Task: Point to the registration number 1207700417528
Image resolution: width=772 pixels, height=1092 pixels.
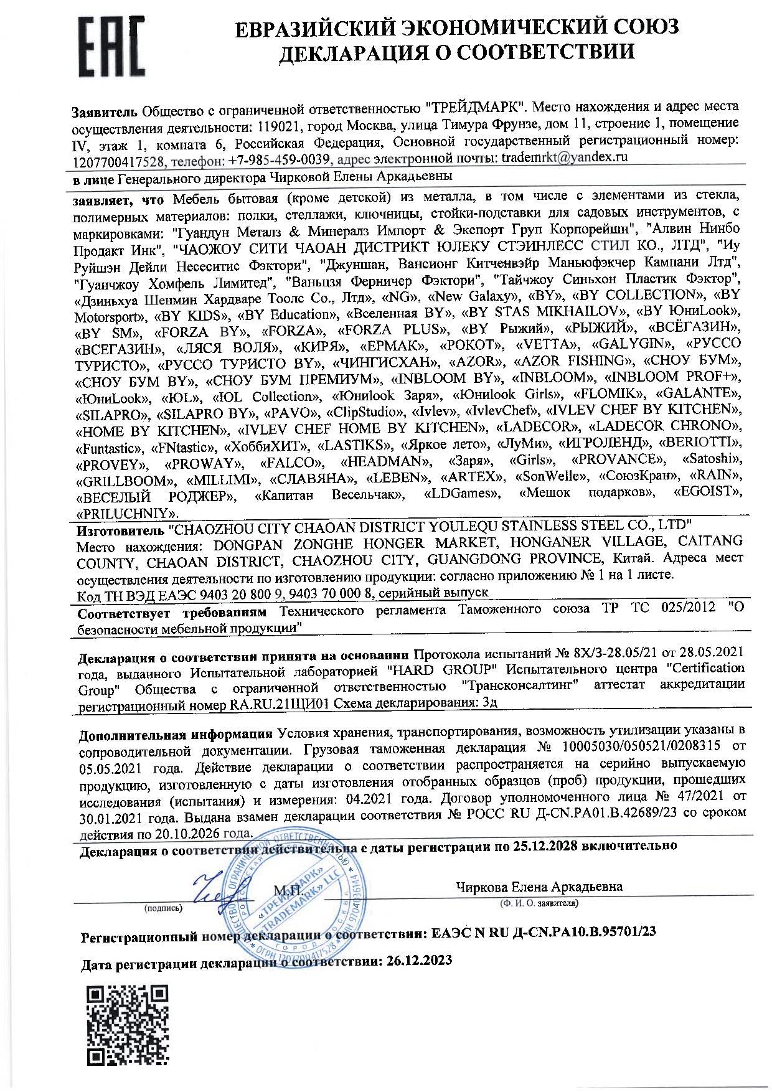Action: point(119,162)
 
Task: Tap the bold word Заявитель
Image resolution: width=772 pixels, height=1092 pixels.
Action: point(104,113)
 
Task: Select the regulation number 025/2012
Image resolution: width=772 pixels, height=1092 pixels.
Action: point(688,608)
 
